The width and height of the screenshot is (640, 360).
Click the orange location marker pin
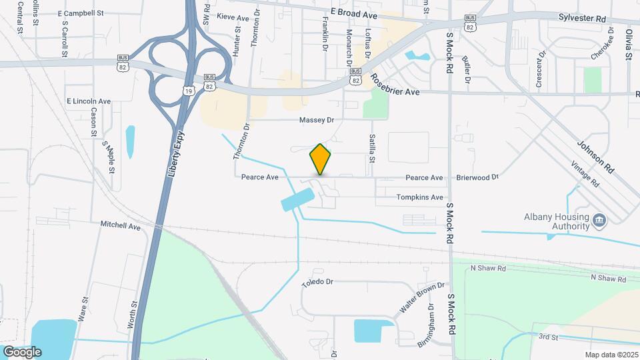point(321,159)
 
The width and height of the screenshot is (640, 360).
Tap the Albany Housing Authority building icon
point(599,220)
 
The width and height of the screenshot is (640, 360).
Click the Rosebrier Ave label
point(395,86)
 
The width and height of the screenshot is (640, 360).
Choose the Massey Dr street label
point(316,120)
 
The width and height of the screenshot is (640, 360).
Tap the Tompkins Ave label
point(419,197)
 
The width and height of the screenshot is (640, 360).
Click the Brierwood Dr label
point(477,178)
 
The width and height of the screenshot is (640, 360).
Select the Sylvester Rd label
point(583,18)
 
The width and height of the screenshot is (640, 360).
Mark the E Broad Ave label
point(354,13)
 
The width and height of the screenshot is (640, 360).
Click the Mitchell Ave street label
point(121,226)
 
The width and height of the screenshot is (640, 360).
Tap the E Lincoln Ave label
point(88,101)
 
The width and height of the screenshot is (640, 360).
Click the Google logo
point(22,351)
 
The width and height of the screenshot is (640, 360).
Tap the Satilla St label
point(372,149)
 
